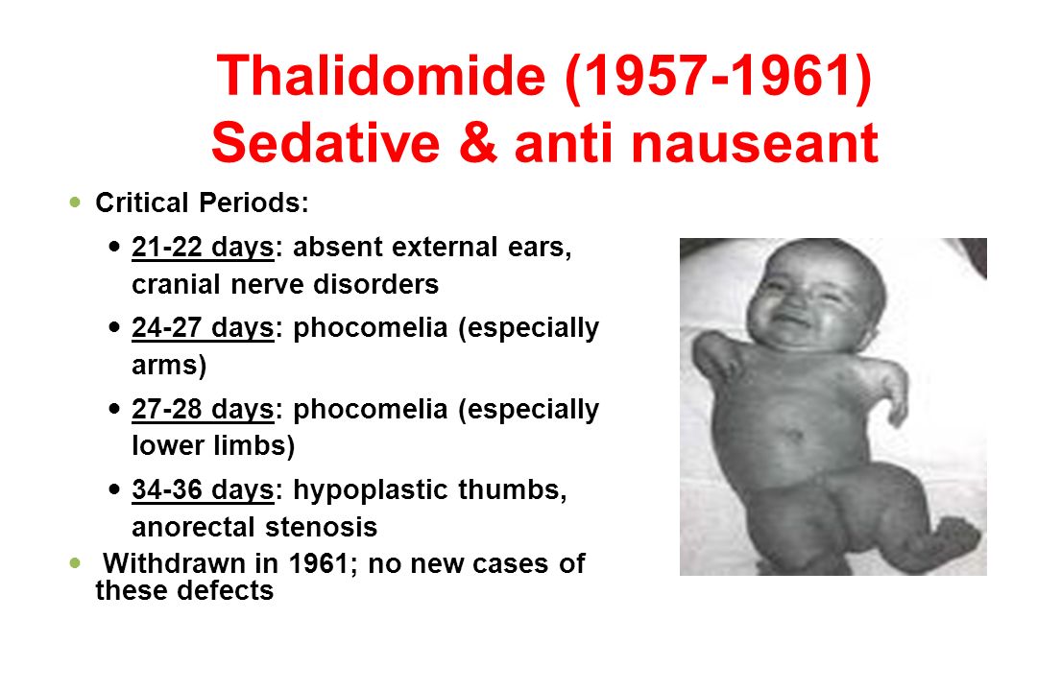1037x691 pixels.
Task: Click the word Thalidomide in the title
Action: tap(381, 76)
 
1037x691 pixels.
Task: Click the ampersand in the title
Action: tap(477, 143)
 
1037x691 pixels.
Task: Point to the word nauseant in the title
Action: tap(755, 144)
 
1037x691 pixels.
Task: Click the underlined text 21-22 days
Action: tap(203, 248)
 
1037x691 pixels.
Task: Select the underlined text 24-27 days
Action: tap(203, 328)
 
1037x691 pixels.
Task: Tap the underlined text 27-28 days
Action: tap(203, 409)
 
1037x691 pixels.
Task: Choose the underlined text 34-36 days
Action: tap(203, 490)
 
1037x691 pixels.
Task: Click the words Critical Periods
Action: tap(202, 203)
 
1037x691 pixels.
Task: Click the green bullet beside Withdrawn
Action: tap(75, 562)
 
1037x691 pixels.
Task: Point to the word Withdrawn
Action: tap(175, 563)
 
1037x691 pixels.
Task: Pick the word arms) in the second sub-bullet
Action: tap(169, 366)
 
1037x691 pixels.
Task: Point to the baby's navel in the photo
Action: tap(793, 437)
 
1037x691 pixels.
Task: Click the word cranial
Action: tap(176, 284)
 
